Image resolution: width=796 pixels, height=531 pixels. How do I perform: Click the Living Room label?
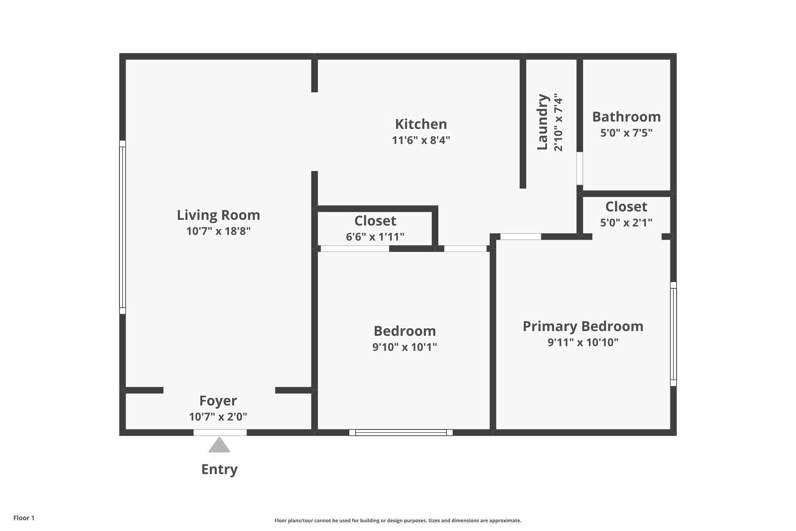click(x=218, y=215)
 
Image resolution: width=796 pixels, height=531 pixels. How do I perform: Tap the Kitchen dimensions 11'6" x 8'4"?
click(x=421, y=140)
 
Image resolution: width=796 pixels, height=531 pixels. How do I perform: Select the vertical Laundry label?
click(x=543, y=122)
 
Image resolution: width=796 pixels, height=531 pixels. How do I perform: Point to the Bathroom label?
click(x=626, y=117)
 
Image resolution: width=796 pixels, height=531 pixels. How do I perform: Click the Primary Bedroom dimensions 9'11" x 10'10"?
click(x=583, y=342)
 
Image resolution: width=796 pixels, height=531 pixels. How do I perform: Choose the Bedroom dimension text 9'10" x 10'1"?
click(x=405, y=347)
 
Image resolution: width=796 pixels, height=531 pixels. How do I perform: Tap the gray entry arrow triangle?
click(x=219, y=445)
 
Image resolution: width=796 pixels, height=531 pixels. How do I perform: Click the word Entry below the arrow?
click(x=219, y=469)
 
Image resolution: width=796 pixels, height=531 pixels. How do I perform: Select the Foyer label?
click(x=218, y=401)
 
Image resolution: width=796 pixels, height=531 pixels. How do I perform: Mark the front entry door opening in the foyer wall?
click(x=220, y=433)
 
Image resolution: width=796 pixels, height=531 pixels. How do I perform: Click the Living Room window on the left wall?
click(x=122, y=227)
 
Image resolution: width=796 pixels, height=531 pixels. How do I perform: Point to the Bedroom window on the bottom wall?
click(x=401, y=433)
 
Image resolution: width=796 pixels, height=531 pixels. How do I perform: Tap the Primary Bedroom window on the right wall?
click(x=674, y=334)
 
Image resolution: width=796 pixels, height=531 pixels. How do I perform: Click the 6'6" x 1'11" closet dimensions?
click(x=375, y=237)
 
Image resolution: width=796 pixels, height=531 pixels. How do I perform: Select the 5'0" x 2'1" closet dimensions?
click(x=626, y=223)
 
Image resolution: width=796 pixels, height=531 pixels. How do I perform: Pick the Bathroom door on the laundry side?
click(x=580, y=168)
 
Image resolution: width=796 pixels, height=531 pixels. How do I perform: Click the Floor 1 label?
click(x=24, y=518)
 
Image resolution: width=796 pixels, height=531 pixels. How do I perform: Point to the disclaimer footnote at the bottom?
click(x=398, y=521)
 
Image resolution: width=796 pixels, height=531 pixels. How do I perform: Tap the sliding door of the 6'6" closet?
click(x=355, y=248)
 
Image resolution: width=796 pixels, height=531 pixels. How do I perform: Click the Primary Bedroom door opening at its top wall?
click(x=521, y=236)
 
